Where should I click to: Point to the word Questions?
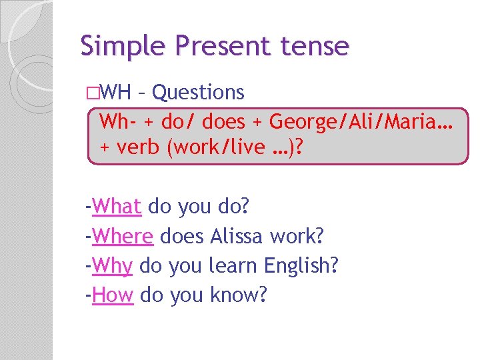(x=198, y=92)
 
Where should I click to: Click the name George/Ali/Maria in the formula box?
(x=359, y=122)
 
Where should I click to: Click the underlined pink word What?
(x=117, y=207)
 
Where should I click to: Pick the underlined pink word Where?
(x=123, y=236)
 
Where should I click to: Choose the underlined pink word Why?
(x=113, y=265)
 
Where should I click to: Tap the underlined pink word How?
(x=113, y=295)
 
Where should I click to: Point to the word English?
(x=301, y=265)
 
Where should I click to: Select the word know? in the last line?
(x=238, y=295)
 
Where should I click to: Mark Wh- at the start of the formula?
(x=117, y=122)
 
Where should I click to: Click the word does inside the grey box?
(x=223, y=122)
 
